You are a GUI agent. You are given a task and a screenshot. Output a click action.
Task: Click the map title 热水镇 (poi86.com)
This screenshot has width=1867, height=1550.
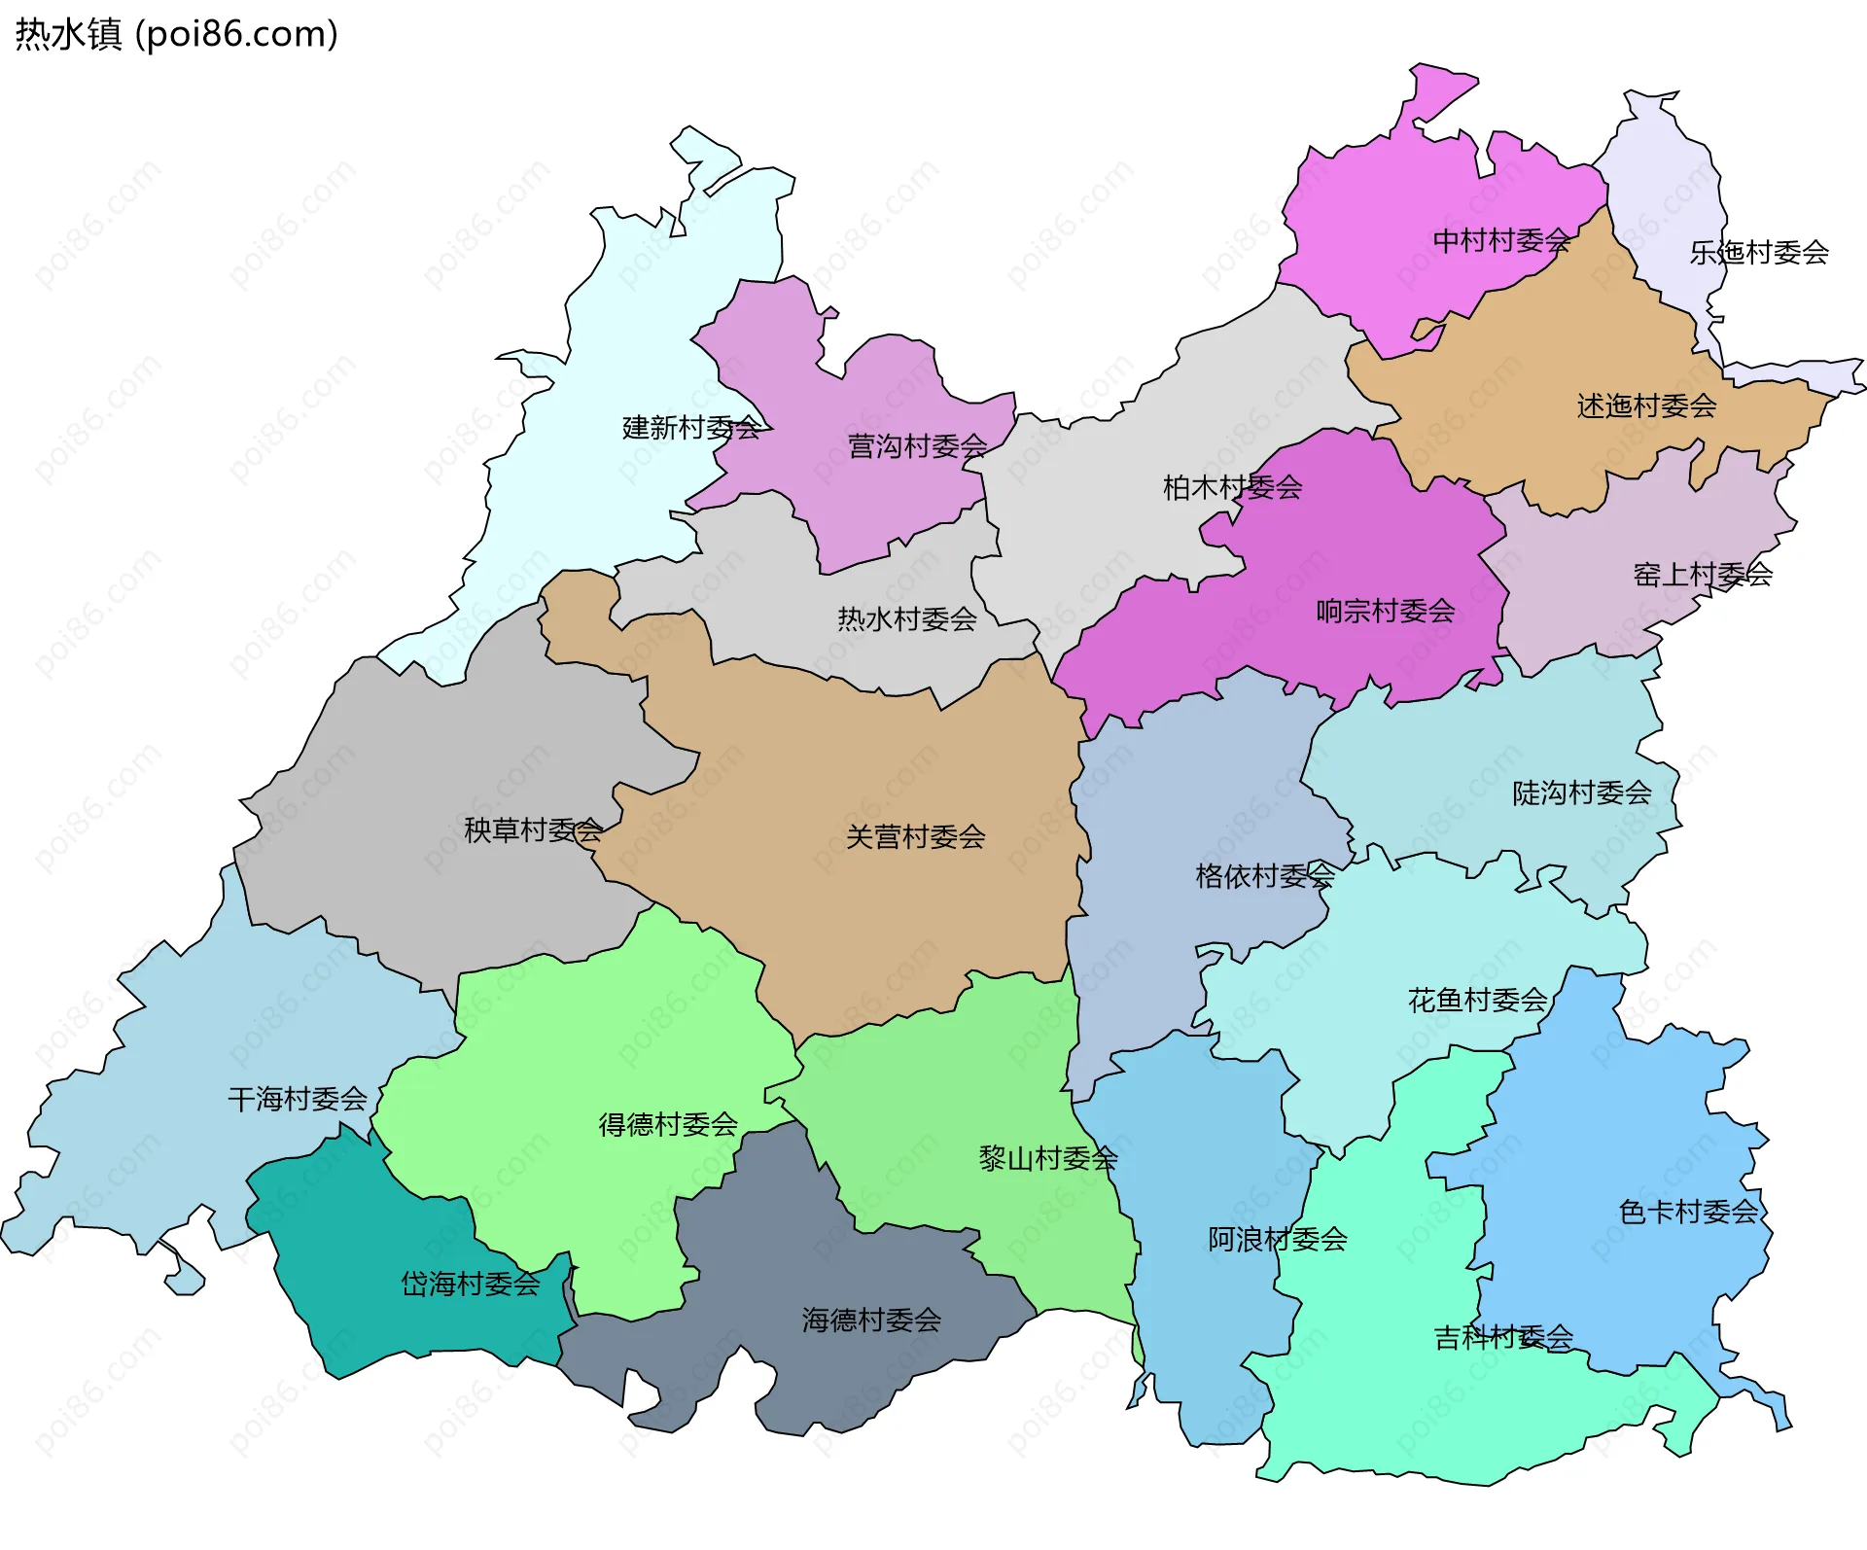(176, 34)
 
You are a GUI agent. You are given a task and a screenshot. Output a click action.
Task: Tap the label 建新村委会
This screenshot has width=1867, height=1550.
(691, 428)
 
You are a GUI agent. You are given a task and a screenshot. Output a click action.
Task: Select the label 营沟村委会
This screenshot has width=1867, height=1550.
(917, 446)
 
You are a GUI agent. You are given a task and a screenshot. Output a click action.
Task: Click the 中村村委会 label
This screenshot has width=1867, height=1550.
(1501, 240)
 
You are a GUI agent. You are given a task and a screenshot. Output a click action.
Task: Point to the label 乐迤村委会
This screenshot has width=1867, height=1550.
(1758, 253)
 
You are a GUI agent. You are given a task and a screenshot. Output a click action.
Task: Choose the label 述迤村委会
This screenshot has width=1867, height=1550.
(1646, 406)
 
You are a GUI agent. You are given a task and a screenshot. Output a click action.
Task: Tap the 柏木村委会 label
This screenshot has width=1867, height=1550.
(1232, 487)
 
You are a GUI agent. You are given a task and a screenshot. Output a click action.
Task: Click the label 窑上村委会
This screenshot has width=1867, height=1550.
(1702, 575)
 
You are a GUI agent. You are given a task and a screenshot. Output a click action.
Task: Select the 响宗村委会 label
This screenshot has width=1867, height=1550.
(1385, 612)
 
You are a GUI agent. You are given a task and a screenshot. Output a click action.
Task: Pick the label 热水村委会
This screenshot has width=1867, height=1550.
(906, 619)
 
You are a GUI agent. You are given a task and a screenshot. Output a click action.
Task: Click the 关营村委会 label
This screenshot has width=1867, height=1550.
(915, 837)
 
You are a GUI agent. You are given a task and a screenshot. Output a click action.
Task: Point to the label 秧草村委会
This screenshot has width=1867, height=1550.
(533, 830)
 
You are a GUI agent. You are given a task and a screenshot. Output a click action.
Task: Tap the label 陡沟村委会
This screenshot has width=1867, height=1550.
(1581, 793)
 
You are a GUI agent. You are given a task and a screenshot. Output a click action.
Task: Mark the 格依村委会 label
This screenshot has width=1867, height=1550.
(1264, 877)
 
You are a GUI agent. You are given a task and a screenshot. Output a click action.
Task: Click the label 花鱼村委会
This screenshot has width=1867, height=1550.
(1477, 1001)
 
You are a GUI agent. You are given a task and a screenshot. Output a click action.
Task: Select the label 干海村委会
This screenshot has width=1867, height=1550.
(297, 1100)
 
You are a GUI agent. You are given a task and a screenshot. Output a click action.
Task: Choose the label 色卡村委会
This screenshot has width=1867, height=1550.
(1688, 1213)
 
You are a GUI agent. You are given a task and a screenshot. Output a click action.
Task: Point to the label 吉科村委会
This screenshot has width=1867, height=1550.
(1502, 1339)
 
